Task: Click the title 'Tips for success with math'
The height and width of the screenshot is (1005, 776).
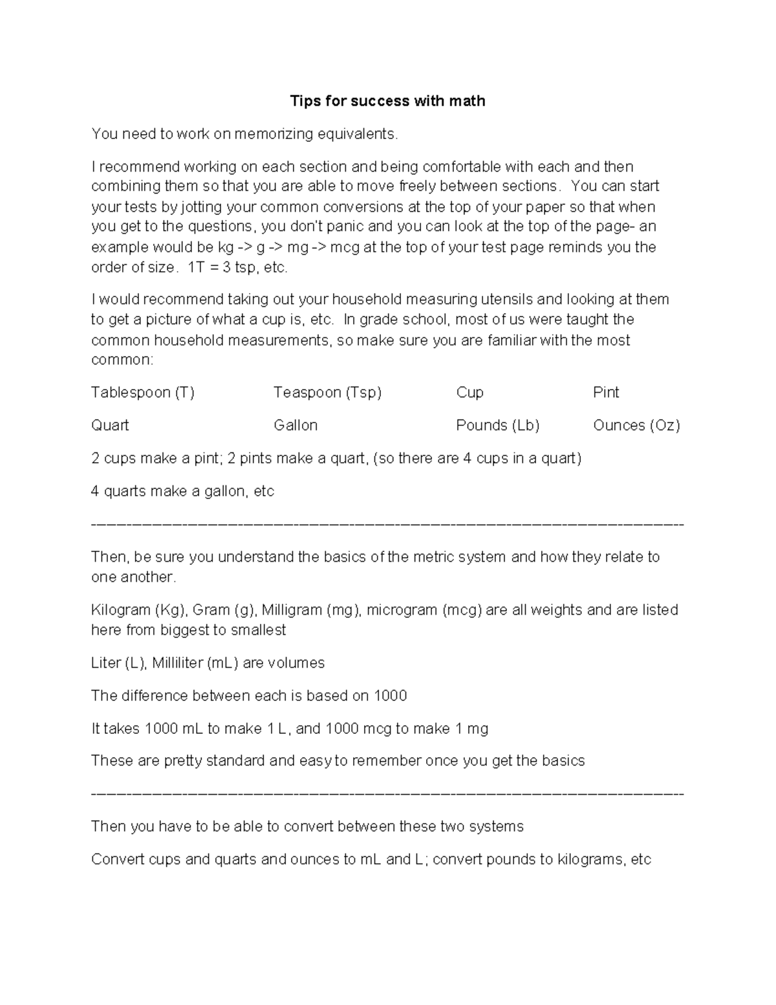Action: (387, 101)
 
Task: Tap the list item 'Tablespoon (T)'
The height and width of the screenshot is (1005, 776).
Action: (142, 393)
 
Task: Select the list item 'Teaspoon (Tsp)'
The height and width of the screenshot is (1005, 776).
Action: (327, 393)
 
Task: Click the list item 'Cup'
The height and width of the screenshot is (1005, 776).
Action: (469, 393)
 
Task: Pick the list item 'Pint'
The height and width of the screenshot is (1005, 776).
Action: (605, 393)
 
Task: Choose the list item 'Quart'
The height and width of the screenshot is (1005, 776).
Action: (110, 425)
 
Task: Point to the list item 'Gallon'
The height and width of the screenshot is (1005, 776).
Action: (296, 425)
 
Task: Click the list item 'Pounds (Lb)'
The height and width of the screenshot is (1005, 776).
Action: (497, 425)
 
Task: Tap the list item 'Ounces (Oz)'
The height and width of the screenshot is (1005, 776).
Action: (636, 425)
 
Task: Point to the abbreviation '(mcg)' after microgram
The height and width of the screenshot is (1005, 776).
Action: (462, 610)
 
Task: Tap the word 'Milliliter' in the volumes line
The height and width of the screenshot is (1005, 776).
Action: (177, 663)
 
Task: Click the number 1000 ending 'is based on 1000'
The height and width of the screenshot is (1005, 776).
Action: (390, 696)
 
